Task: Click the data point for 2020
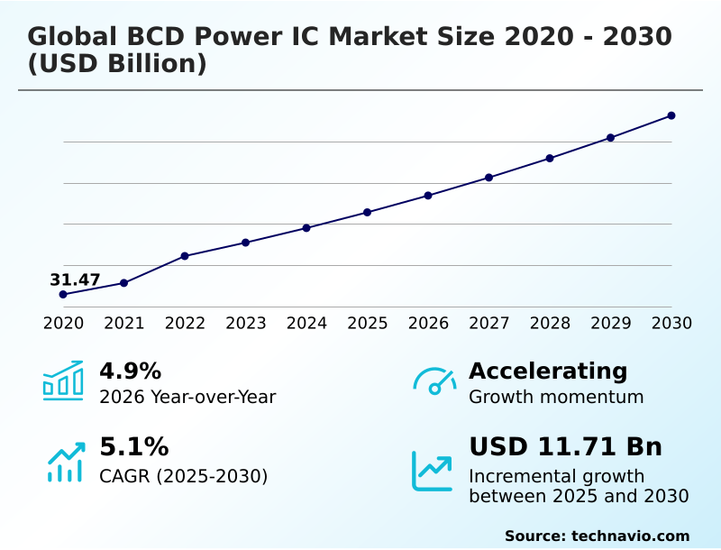pyautogui.click(x=63, y=295)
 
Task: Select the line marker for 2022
pyautogui.click(x=185, y=256)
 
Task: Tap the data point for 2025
pyautogui.click(x=368, y=212)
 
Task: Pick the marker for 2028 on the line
pyautogui.click(x=550, y=159)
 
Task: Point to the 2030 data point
pyautogui.click(x=671, y=115)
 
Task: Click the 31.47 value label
pyautogui.click(x=75, y=280)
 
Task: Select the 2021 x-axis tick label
pyautogui.click(x=124, y=323)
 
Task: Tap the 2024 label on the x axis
pyautogui.click(x=306, y=323)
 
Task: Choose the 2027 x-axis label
pyautogui.click(x=489, y=323)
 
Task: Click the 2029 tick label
pyautogui.click(x=611, y=323)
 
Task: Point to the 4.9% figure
pyautogui.click(x=130, y=371)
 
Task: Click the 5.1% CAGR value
pyautogui.click(x=133, y=447)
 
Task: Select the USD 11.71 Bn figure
pyautogui.click(x=565, y=447)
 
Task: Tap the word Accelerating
pyautogui.click(x=548, y=371)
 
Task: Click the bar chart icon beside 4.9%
pyautogui.click(x=63, y=380)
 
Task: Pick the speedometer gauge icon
pyautogui.click(x=434, y=380)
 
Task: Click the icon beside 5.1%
pyautogui.click(x=65, y=462)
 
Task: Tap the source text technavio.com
pyautogui.click(x=630, y=536)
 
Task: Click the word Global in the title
pyautogui.click(x=72, y=38)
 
